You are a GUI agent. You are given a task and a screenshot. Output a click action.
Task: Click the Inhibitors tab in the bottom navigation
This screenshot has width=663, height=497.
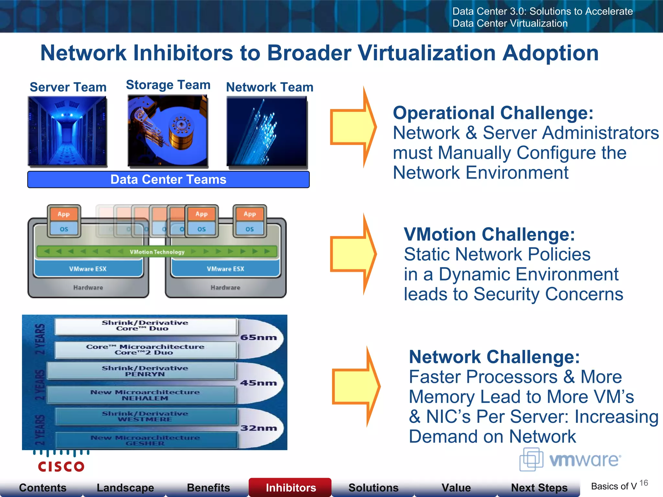click(290, 487)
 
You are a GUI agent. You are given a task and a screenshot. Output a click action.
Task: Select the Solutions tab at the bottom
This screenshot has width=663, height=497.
click(373, 487)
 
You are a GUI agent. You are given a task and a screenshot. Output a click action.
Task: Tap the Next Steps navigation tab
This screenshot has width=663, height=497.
click(539, 487)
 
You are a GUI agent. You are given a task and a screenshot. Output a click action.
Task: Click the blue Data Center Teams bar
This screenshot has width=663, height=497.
click(168, 180)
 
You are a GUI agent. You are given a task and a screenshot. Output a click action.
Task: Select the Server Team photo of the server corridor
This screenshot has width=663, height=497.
click(67, 131)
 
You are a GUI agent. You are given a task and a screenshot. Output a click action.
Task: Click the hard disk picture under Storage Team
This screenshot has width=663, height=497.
click(167, 130)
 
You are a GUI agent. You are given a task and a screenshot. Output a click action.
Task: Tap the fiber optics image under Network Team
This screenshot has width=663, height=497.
click(267, 131)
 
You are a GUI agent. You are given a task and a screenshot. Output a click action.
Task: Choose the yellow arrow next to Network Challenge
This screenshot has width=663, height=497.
click(356, 387)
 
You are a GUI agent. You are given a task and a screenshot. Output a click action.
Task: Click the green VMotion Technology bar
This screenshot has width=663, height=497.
click(157, 252)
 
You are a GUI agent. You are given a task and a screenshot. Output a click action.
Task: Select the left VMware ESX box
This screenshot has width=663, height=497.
click(88, 269)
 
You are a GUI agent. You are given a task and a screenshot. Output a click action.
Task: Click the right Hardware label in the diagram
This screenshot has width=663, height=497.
click(225, 288)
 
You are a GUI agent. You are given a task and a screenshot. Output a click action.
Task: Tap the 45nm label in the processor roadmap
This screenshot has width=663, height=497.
click(258, 383)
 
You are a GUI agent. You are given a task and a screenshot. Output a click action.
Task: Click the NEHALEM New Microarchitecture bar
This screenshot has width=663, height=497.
click(145, 395)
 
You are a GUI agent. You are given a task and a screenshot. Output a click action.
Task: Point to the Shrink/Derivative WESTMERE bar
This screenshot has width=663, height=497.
click(145, 416)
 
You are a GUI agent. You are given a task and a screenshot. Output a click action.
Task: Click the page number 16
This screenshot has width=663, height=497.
click(644, 483)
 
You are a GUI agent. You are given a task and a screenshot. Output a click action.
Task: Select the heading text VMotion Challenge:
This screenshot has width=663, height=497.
click(489, 234)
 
